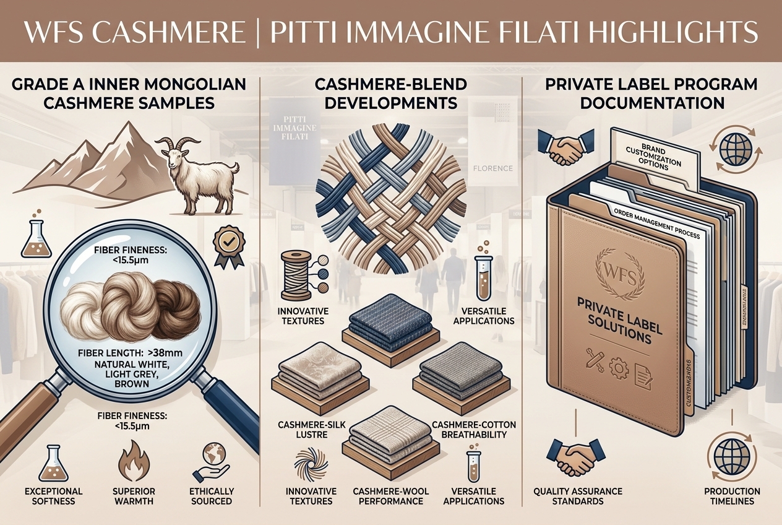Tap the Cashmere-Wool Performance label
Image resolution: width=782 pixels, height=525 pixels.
(388, 496)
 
